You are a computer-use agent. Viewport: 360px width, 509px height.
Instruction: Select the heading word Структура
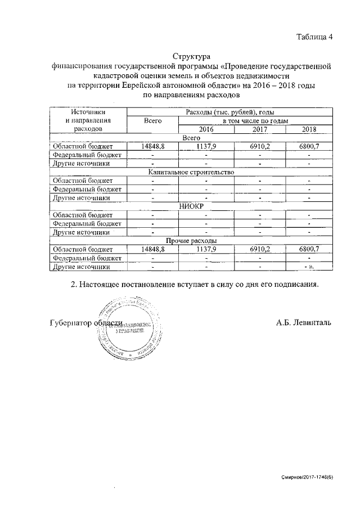pyautogui.click(x=191, y=56)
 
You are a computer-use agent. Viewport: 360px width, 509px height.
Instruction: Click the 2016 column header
pyautogui.click(x=206, y=129)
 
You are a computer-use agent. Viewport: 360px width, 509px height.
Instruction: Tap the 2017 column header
pyautogui.click(x=259, y=129)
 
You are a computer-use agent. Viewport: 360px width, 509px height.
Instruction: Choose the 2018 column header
pyautogui.click(x=309, y=129)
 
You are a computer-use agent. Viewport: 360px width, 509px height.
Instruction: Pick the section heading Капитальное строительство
pyautogui.click(x=191, y=172)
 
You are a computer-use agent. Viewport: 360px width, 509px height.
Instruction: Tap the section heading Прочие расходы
pyautogui.click(x=191, y=240)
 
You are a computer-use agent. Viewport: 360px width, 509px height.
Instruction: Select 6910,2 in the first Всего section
pyautogui.click(x=259, y=146)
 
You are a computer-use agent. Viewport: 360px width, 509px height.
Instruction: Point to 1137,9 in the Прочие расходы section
pyautogui.click(x=206, y=249)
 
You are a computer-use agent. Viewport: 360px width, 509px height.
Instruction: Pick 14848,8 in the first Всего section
pyautogui.click(x=153, y=146)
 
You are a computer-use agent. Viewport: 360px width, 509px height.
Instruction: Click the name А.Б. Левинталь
pyautogui.click(x=304, y=322)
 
